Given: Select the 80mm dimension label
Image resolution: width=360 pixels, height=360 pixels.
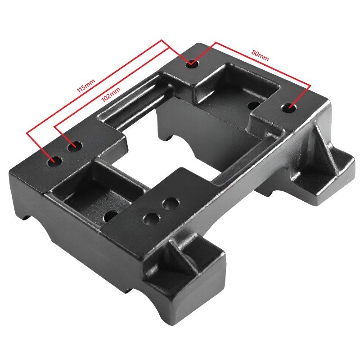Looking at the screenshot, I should (x=260, y=55).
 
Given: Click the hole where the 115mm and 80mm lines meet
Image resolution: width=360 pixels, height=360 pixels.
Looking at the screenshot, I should (x=192, y=63).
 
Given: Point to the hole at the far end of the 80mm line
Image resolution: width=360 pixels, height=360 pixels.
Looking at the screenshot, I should (x=288, y=108).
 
